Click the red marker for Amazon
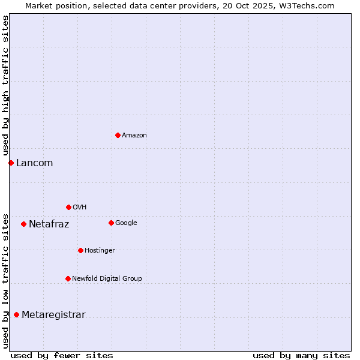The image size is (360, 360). [118, 135]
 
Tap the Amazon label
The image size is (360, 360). [134, 136]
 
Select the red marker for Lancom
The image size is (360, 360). [11, 163]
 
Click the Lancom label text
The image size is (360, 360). [34, 163]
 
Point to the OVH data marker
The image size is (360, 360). [68, 207]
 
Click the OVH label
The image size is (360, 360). [80, 208]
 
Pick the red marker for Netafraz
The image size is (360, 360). [23, 224]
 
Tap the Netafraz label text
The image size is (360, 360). [49, 224]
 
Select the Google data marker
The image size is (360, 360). [111, 223]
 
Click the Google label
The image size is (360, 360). [126, 223]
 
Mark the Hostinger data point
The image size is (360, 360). [80, 250]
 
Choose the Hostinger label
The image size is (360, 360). [100, 251]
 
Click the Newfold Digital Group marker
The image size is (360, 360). [68, 278]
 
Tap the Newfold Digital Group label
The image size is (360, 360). [107, 279]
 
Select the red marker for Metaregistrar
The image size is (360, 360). [16, 314]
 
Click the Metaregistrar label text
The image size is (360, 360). [53, 315]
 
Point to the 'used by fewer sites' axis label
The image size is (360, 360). [62, 355]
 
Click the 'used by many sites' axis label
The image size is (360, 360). [301, 355]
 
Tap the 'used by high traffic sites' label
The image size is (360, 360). [5, 86]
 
